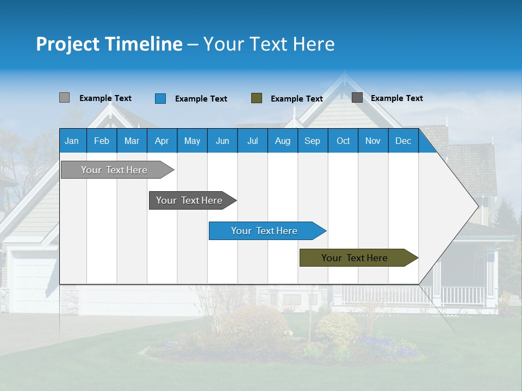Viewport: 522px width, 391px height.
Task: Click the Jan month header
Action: click(x=72, y=141)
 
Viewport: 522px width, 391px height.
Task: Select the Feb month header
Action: click(x=102, y=141)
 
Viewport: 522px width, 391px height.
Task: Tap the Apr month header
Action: click(x=162, y=141)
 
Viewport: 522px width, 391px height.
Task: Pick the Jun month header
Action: click(x=222, y=141)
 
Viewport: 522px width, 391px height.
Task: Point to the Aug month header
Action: click(x=283, y=141)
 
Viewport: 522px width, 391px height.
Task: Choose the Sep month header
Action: click(x=313, y=141)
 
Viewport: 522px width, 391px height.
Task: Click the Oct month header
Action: click(x=343, y=141)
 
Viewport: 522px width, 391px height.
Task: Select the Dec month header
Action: click(x=403, y=141)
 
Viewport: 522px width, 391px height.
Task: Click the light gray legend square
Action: click(x=64, y=98)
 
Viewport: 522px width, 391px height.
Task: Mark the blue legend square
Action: click(x=160, y=98)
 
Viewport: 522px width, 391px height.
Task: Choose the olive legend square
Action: click(x=257, y=98)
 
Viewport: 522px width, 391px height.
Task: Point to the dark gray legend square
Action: click(x=357, y=98)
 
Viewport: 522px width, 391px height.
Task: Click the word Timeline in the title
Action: click(x=143, y=44)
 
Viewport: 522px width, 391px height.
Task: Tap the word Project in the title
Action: click(x=67, y=44)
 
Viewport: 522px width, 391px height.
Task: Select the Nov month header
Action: click(x=373, y=141)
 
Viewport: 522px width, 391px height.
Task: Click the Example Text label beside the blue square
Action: click(x=201, y=99)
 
